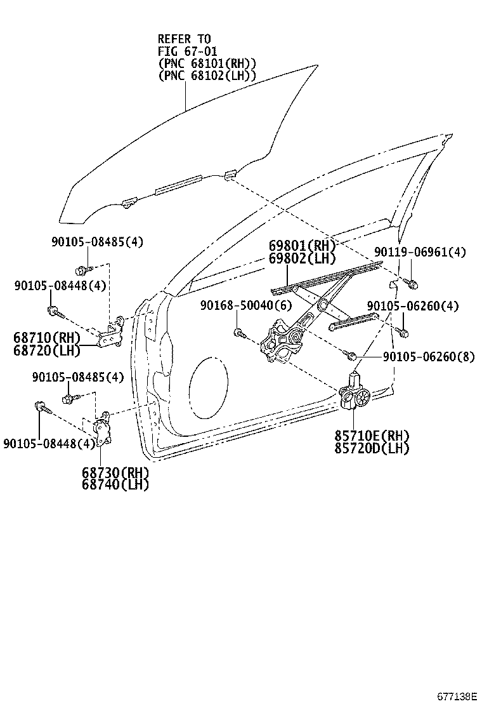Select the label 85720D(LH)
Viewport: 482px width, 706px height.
(372, 448)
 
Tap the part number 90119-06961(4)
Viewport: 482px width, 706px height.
(419, 252)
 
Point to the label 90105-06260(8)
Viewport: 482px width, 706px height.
(428, 357)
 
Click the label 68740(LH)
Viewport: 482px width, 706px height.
(115, 485)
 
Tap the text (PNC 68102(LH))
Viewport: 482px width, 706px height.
(207, 75)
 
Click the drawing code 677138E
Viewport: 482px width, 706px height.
(455, 696)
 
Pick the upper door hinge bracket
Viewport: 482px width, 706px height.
(113, 333)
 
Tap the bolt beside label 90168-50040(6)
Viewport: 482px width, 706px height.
(238, 332)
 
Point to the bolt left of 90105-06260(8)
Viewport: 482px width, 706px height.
(351, 354)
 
